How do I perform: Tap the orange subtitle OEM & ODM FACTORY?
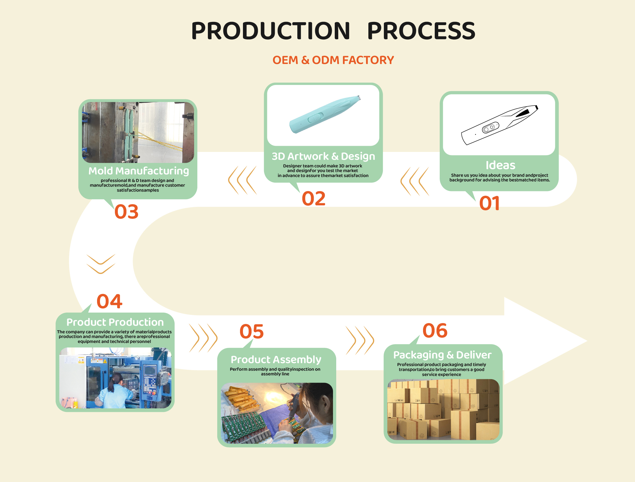[333, 60]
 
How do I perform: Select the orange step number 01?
[489, 203]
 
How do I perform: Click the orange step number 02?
[313, 199]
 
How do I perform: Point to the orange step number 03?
[126, 211]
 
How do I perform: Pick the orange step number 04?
[109, 301]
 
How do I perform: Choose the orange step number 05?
[251, 332]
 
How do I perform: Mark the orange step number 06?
[435, 331]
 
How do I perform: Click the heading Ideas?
[501, 165]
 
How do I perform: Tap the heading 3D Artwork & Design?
[323, 157]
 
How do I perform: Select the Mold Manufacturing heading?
[139, 171]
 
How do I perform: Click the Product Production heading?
[115, 322]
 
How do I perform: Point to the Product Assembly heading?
[276, 360]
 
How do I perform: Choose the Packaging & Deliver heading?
[443, 355]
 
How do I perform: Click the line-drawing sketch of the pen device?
[499, 125]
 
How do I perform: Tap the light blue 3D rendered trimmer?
[325, 115]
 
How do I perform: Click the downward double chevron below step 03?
[101, 264]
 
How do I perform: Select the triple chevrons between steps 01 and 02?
[415, 181]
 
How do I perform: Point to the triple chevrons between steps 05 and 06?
[360, 341]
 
